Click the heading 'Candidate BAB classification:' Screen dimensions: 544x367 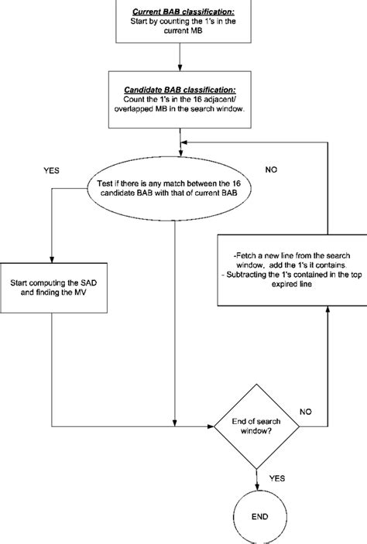(180, 90)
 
